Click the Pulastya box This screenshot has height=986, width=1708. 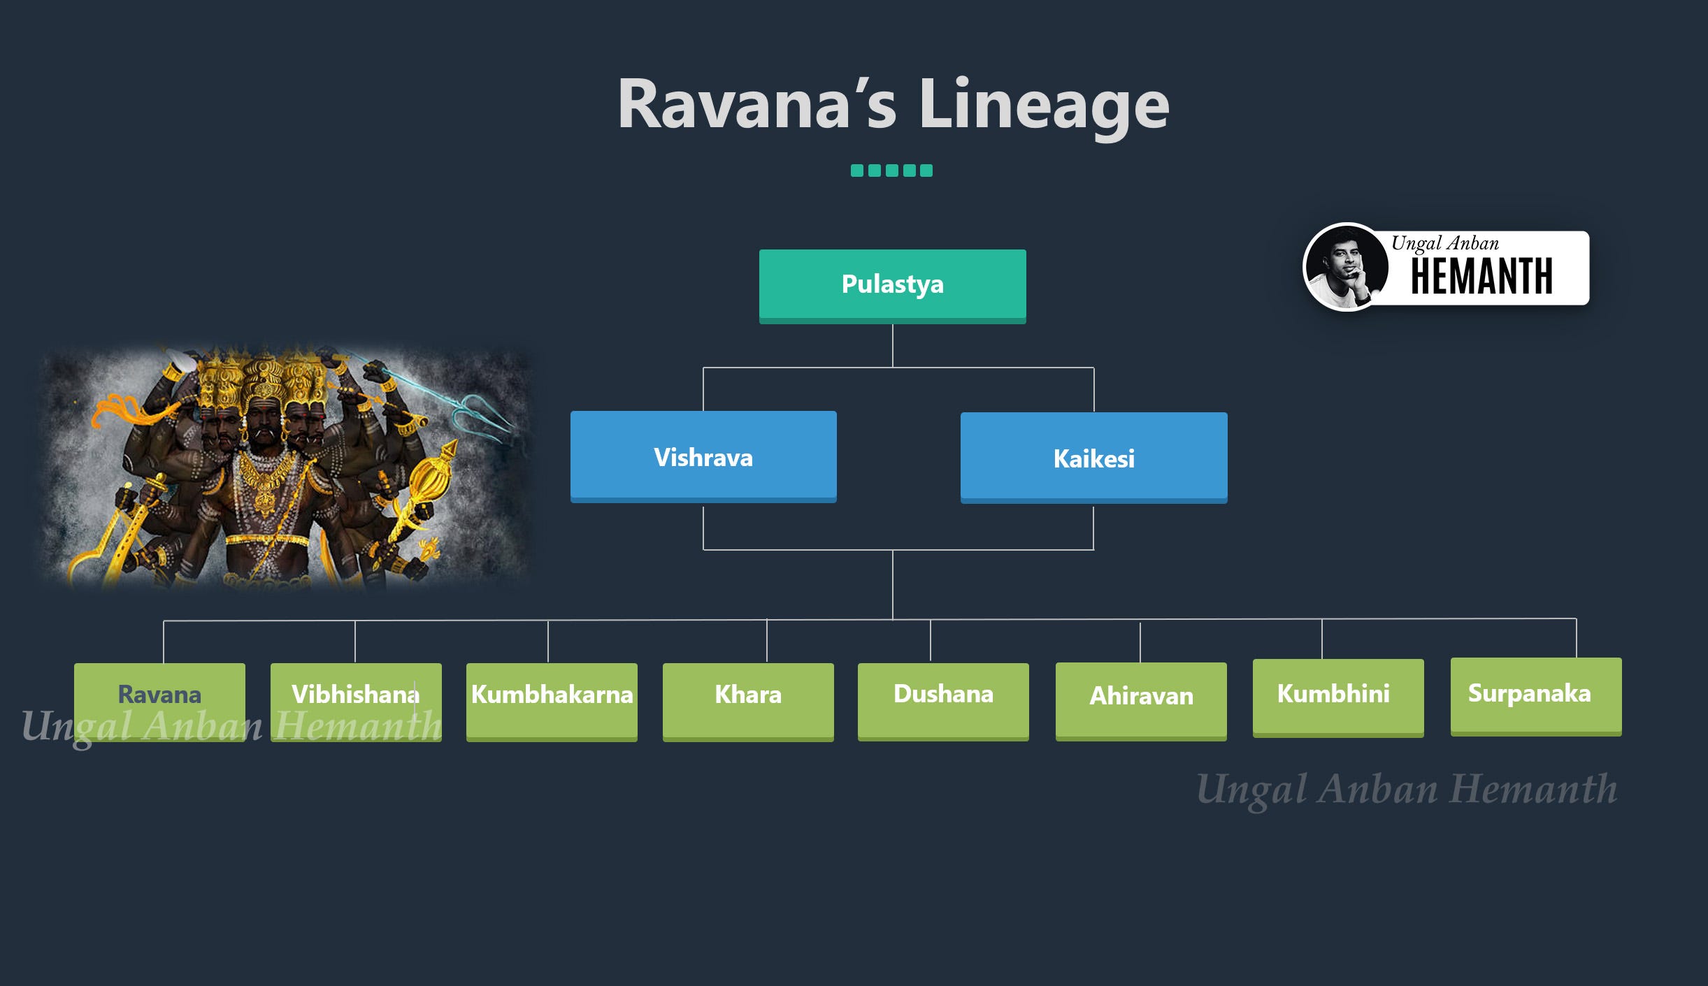point(892,285)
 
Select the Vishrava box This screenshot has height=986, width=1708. point(703,457)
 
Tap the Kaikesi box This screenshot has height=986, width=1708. point(1093,458)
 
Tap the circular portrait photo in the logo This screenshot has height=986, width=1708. point(1346,267)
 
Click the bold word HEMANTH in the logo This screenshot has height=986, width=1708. point(1481,277)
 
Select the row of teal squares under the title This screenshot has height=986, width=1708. point(891,171)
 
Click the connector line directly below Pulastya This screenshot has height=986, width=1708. point(893,345)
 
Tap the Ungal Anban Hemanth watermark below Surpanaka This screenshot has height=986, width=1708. point(1407,790)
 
